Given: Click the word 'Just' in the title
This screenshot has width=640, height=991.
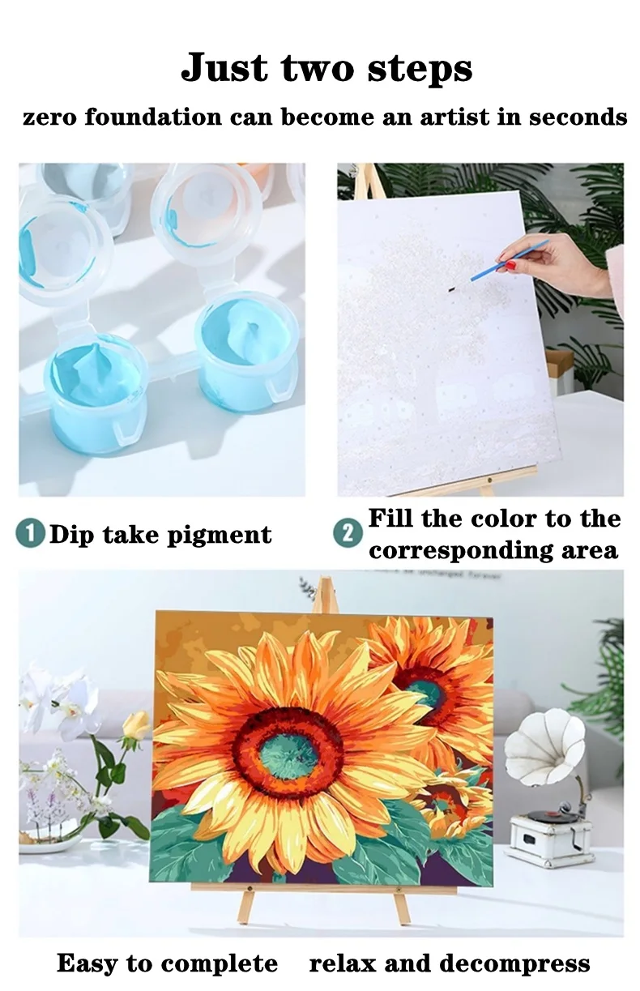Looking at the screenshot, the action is [224, 68].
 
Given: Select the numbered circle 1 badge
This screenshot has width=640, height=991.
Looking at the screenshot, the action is [31, 534].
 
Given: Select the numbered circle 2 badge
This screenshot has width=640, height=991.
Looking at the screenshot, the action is [348, 533].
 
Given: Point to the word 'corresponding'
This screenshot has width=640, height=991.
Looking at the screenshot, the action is [460, 551].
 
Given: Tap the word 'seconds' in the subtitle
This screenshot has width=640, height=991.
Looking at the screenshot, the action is [578, 117].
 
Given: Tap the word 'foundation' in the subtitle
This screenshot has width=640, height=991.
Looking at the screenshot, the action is [153, 117].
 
